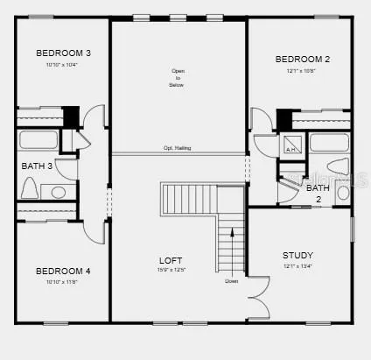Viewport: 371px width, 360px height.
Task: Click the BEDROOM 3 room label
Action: [64, 53]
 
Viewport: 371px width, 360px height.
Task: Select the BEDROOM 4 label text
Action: [64, 271]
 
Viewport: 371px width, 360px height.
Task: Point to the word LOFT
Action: [171, 261]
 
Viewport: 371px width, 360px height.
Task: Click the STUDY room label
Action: [297, 255]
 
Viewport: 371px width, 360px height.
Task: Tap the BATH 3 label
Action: [38, 165]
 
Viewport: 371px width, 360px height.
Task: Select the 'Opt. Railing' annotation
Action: [177, 148]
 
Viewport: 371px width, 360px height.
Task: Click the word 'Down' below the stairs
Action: [231, 281]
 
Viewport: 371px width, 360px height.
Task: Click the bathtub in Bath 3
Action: [38, 140]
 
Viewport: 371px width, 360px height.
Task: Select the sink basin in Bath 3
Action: [59, 191]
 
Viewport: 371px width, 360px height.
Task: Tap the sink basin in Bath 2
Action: [344, 193]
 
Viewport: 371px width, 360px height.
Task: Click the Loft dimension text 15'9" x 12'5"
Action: [171, 270]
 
